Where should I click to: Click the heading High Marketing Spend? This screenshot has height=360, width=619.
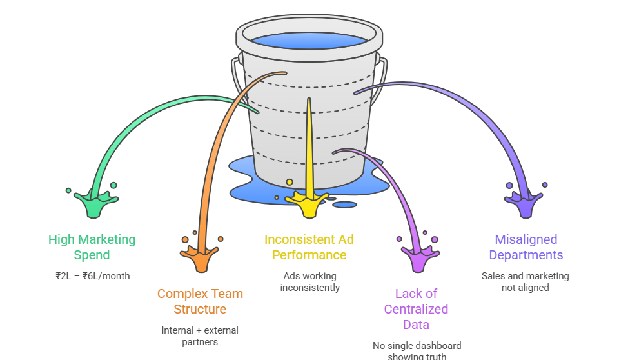point(92,247)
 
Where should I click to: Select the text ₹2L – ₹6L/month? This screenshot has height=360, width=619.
point(92,276)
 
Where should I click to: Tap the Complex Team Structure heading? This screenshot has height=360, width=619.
point(200,301)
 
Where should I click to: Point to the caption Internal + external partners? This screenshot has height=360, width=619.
point(200,335)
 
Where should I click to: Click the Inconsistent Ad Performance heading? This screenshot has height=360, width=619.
point(309,247)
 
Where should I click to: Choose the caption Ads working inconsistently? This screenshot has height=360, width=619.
point(309,282)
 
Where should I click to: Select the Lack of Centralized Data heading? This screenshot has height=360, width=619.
point(416,309)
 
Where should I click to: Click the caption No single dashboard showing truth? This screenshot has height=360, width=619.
point(417,350)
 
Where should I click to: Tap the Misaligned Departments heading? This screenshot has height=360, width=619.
point(526,247)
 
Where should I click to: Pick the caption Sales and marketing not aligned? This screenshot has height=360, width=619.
point(526,281)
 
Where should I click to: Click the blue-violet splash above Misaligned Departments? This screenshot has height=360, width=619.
point(525,203)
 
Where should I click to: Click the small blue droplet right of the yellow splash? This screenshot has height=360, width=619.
point(345,205)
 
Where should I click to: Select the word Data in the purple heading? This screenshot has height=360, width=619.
point(417,325)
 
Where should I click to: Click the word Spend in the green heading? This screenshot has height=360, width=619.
point(92,255)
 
